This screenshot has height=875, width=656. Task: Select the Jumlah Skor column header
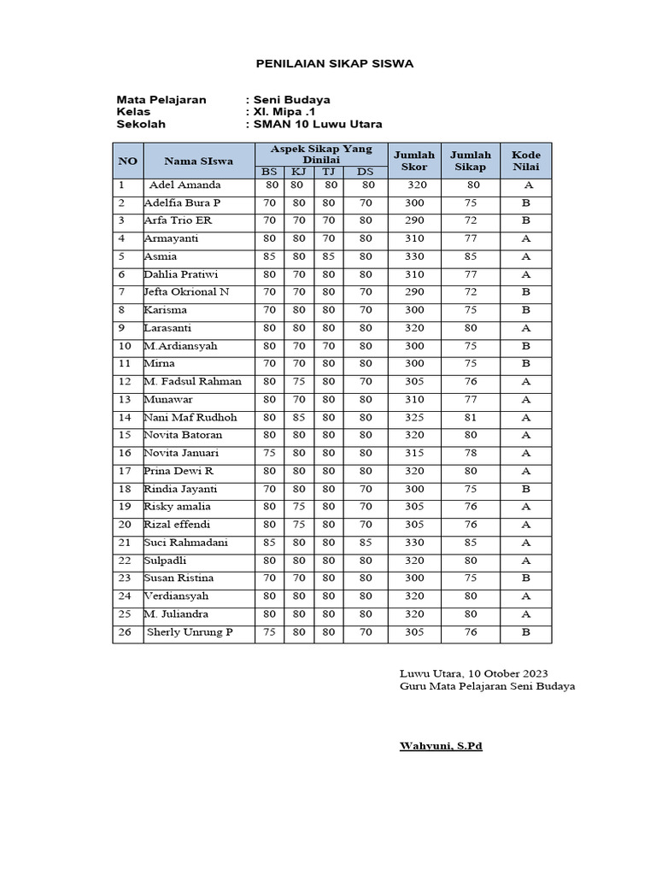point(413,160)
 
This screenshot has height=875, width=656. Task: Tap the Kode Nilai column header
point(526,160)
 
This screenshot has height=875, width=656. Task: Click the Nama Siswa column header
point(199,160)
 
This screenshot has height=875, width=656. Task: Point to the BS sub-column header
point(270,173)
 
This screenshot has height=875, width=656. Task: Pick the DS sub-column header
point(365,173)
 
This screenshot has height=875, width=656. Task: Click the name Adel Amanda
point(184,185)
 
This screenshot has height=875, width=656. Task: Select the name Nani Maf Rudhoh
point(190,418)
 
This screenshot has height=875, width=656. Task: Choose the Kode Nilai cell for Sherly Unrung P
point(526,632)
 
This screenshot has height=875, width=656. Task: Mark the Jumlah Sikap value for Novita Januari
point(471,453)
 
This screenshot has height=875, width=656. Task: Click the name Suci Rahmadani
point(186,543)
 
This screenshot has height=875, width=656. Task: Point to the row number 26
point(125,632)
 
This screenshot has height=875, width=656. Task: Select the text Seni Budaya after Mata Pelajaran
point(291,99)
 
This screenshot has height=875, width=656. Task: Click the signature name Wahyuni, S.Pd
point(441,746)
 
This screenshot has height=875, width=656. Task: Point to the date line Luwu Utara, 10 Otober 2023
point(473,673)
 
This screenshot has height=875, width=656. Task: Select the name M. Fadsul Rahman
point(192,382)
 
